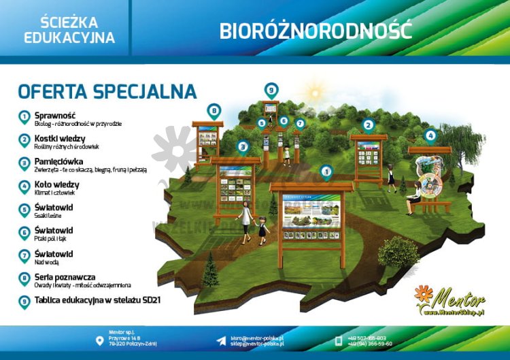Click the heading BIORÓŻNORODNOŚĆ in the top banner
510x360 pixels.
point(316,31)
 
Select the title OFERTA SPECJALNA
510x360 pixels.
point(107,91)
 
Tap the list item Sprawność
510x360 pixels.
point(54,116)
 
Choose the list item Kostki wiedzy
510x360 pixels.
point(60,138)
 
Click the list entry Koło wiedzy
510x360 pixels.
point(56,184)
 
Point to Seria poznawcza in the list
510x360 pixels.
point(65,277)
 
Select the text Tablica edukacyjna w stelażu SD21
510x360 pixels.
point(97,299)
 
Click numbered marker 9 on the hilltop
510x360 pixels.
point(271,90)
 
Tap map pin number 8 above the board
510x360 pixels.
point(214,110)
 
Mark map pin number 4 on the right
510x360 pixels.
point(430,135)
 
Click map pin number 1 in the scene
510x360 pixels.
point(326,171)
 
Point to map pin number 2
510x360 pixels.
point(368,125)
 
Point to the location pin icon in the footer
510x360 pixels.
point(100,340)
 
